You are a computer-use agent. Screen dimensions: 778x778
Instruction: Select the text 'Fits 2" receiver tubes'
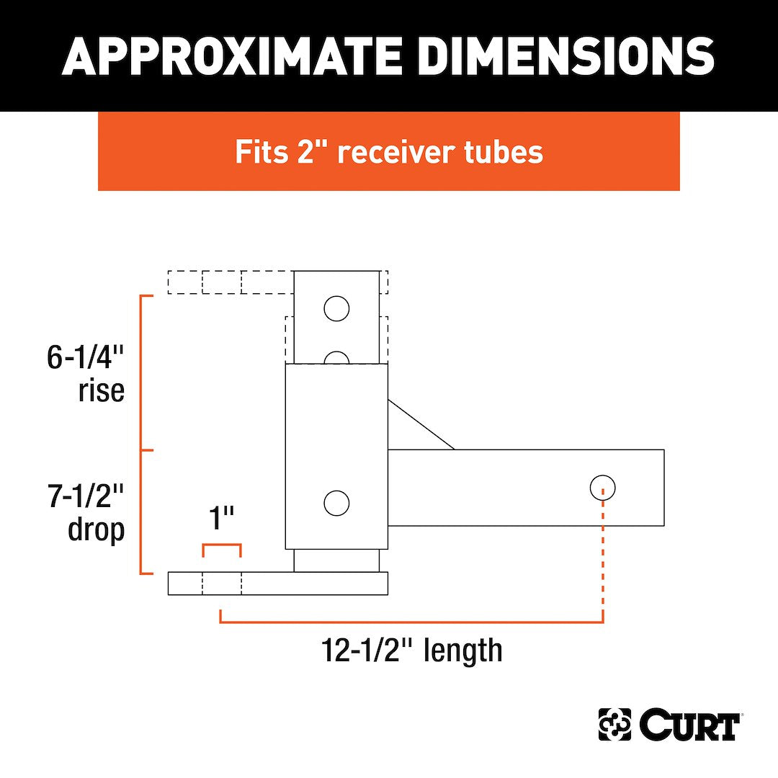[389, 151]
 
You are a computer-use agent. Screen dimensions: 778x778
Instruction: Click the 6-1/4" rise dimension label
[85, 374]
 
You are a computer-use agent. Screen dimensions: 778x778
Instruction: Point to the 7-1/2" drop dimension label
[85, 513]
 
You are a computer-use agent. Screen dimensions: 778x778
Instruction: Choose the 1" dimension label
[221, 518]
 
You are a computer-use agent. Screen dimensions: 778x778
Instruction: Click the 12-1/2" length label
[412, 650]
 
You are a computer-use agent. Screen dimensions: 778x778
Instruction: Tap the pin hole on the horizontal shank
[602, 487]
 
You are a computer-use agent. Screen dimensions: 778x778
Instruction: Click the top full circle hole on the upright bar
[336, 308]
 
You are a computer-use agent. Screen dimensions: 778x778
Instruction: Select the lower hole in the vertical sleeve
[336, 503]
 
